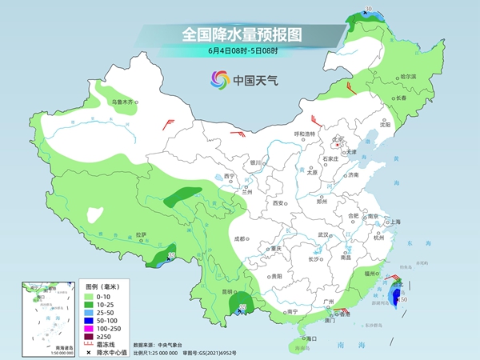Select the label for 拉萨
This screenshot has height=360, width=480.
tap(142, 234)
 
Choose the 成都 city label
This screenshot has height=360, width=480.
tap(238, 238)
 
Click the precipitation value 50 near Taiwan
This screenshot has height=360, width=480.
tap(404, 299)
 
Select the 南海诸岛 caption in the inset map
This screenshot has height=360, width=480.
tap(36, 346)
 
